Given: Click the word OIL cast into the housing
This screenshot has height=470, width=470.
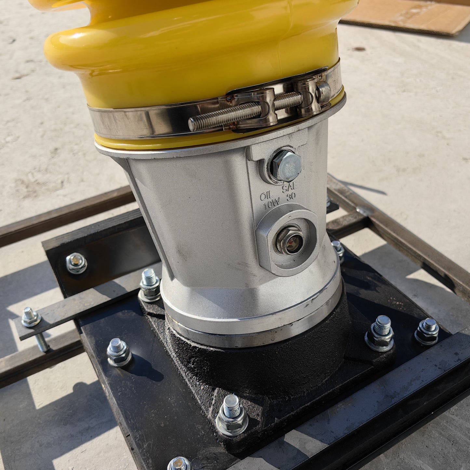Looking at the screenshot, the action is pyautogui.click(x=267, y=195).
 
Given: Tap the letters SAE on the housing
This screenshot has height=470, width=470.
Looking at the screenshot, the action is pyautogui.click(x=290, y=187).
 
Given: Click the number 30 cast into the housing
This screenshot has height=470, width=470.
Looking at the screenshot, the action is pyautogui.click(x=291, y=196).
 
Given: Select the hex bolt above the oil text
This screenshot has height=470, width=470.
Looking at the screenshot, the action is pyautogui.click(x=286, y=166).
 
